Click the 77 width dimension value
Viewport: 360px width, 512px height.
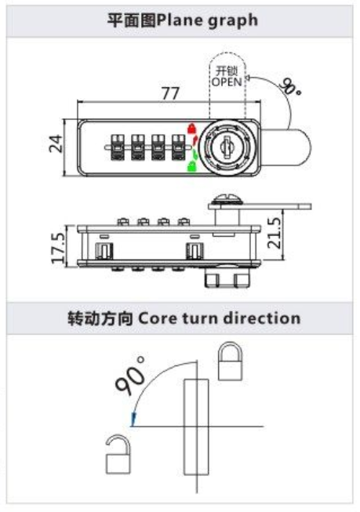point(170,93)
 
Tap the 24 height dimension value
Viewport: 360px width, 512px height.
point(56,143)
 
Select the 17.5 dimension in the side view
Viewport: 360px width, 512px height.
point(59,247)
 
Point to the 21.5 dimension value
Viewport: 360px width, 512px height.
point(274,233)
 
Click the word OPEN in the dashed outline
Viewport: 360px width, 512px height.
point(227,82)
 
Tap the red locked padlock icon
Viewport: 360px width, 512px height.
point(191,128)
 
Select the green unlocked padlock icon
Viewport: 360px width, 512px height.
point(191,166)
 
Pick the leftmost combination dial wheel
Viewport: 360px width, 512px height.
point(117,147)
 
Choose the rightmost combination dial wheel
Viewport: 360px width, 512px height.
point(178,147)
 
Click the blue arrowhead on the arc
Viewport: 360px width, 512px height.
point(133,419)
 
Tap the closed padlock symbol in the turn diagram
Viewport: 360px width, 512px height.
point(230,361)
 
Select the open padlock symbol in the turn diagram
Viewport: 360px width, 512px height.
point(118,455)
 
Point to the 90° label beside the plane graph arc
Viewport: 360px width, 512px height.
point(289,86)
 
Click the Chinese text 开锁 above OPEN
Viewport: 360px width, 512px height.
point(227,71)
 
